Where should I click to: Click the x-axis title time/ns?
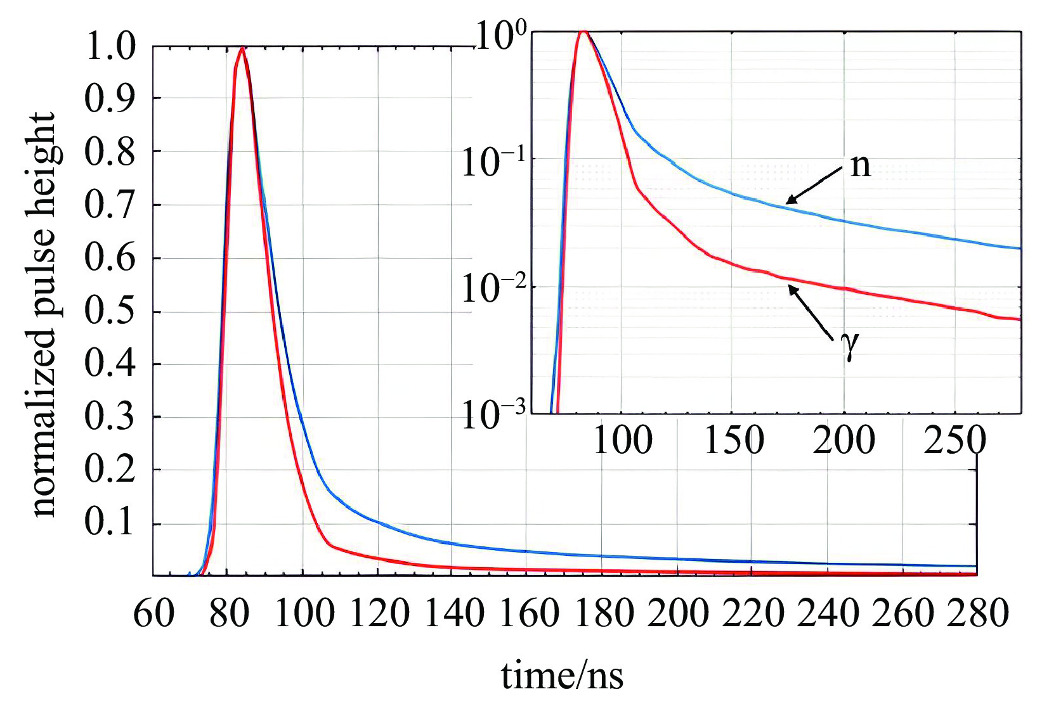(562, 676)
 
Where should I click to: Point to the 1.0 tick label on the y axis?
(110, 47)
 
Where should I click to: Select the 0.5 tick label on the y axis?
(110, 311)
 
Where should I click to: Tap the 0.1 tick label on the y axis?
(110, 523)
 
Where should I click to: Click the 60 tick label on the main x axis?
(153, 614)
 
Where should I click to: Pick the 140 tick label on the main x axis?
(453, 614)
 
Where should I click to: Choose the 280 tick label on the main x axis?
(977, 614)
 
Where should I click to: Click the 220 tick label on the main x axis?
(752, 614)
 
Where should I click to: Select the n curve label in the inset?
(861, 165)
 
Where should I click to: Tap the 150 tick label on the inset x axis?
(734, 440)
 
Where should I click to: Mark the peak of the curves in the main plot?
(242, 48)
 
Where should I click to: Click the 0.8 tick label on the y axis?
(110, 153)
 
